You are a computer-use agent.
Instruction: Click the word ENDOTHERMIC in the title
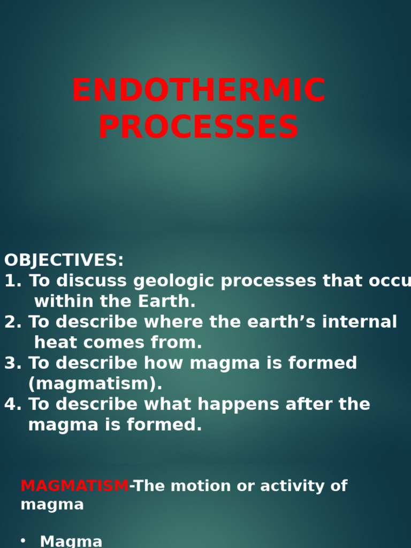coord(199,91)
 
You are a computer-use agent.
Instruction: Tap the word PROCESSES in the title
coord(199,127)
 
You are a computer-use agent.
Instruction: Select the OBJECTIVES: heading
coord(64,261)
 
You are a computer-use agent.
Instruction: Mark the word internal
coord(364,322)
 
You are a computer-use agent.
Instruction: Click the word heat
coord(56,342)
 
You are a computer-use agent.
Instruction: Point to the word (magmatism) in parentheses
coord(95,384)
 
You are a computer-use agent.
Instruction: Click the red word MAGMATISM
coord(74,486)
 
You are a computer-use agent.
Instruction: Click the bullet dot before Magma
coord(22,541)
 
